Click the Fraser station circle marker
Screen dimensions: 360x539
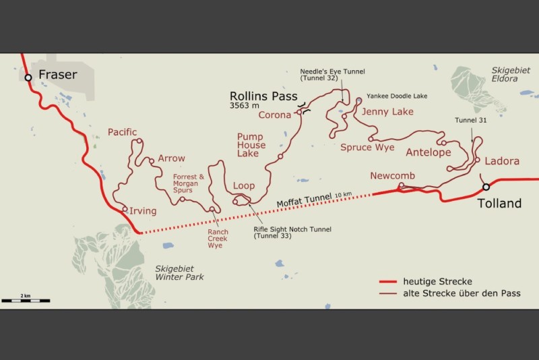(28, 78)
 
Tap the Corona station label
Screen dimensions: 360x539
(274, 115)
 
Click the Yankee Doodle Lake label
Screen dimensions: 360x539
(396, 96)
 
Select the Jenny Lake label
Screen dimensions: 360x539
(387, 111)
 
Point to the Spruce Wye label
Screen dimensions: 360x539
(367, 147)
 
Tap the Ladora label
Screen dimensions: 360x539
(502, 162)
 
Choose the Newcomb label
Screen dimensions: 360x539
(392, 176)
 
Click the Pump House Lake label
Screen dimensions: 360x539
(251, 145)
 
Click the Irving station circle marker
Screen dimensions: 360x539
(125, 209)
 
